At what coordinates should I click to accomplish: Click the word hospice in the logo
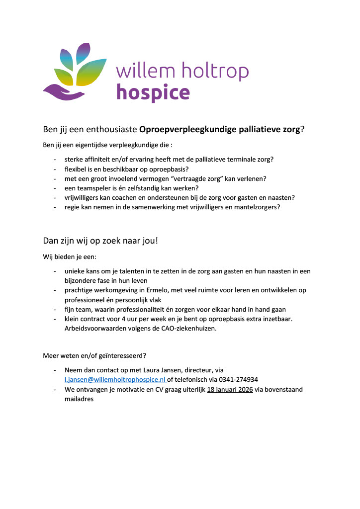pos(153,92)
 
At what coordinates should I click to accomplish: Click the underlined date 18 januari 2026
pos(230,389)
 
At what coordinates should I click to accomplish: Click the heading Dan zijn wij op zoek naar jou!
pos(100,241)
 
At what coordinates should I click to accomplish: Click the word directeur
pos(199,370)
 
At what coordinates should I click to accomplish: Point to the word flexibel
pos(76,169)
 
